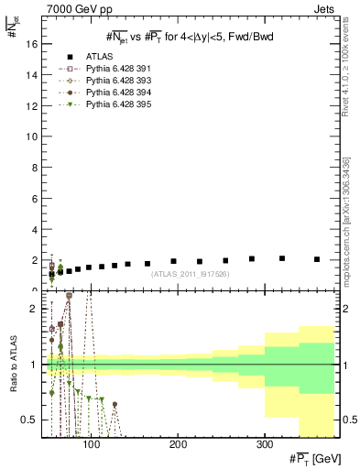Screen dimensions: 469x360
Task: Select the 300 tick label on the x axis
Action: (x=264, y=444)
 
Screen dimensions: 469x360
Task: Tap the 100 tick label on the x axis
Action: (x=91, y=444)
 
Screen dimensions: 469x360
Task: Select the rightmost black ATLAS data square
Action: (x=317, y=259)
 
